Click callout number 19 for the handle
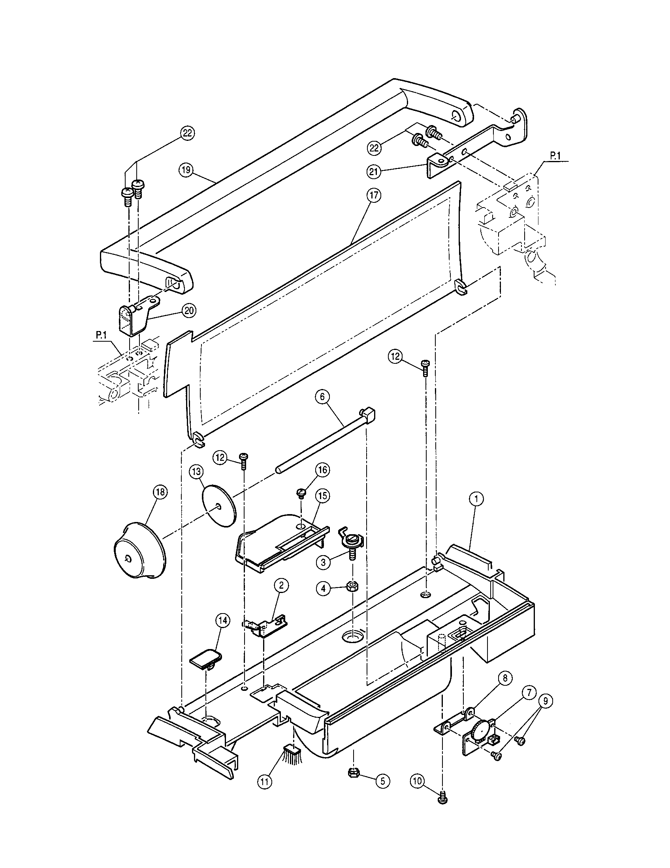pyautogui.click(x=185, y=170)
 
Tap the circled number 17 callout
pyautogui.click(x=375, y=195)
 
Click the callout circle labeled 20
pyautogui.click(x=188, y=311)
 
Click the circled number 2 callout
pyautogui.click(x=281, y=585)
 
